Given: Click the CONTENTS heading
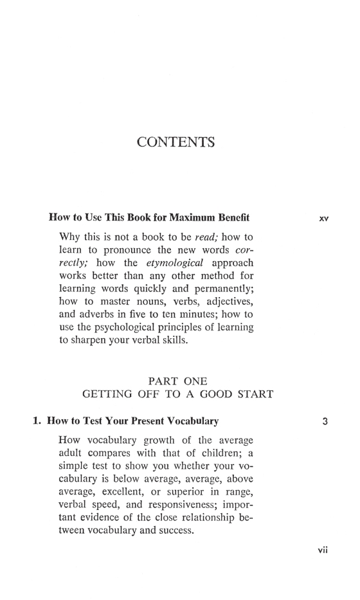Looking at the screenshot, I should [x=175, y=141].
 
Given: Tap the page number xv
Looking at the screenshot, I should [x=323, y=218].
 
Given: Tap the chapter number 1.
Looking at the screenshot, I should [x=37, y=422].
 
